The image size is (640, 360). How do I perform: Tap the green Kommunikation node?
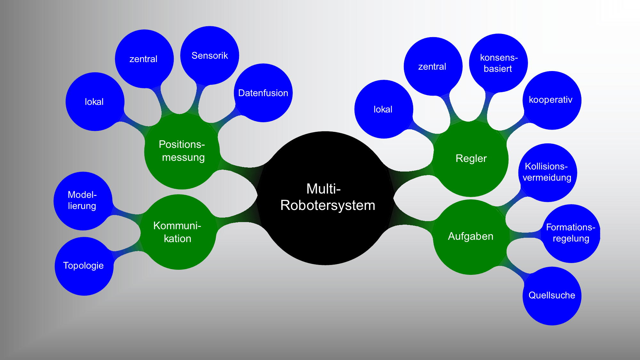[178, 232]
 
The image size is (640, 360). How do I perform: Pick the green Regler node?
[471, 158]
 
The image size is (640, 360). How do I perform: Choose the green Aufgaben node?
[470, 236]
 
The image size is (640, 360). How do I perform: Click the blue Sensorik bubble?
[210, 55]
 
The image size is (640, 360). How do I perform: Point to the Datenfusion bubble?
[263, 93]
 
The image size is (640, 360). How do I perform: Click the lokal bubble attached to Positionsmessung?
[94, 102]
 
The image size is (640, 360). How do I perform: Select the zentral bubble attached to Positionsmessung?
[144, 59]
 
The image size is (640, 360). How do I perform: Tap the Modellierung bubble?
[83, 201]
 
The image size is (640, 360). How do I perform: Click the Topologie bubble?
[84, 266]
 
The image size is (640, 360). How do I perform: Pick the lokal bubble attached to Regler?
[383, 109]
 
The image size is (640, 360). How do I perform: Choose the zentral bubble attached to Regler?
[432, 67]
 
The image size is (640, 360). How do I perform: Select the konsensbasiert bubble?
[498, 63]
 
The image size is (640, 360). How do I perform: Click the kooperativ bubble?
[551, 100]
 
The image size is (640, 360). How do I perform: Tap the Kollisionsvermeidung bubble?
[547, 172]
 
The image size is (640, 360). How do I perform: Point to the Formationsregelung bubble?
[571, 233]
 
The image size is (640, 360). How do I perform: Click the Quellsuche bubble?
[552, 295]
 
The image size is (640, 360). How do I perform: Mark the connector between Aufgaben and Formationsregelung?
[525, 236]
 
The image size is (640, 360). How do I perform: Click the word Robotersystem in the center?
[328, 205]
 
